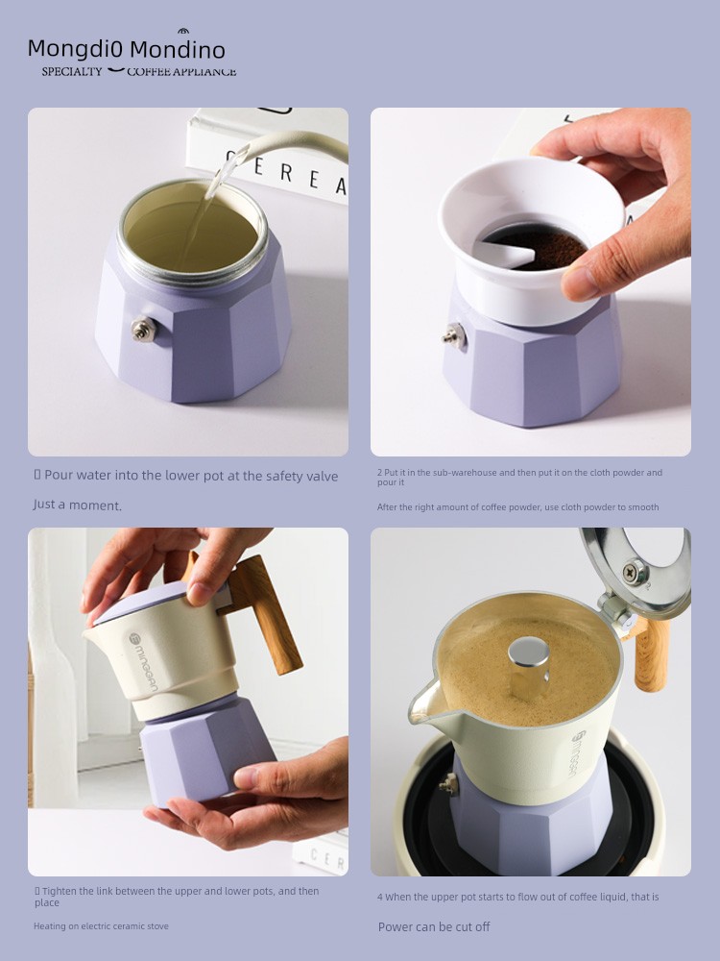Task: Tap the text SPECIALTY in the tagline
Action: pyautogui.click(x=72, y=72)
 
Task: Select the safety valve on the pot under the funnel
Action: pyautogui.click(x=453, y=335)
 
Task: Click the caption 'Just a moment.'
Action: pyautogui.click(x=78, y=505)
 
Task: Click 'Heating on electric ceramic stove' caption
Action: pyautogui.click(x=101, y=925)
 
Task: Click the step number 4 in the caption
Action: pyautogui.click(x=381, y=897)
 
